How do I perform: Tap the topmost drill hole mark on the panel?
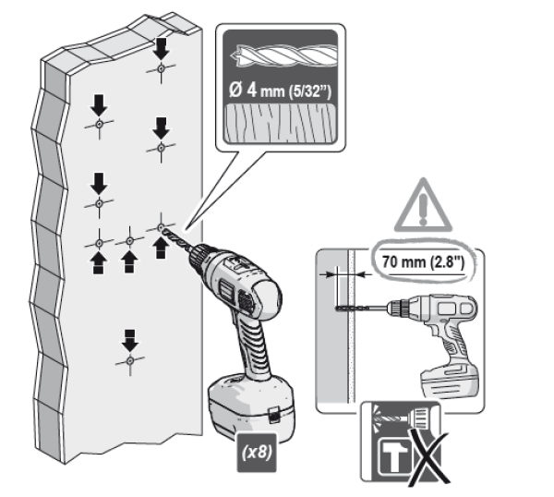pos(161,69)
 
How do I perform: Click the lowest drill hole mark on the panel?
pos(130,358)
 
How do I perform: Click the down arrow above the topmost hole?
pos(161,46)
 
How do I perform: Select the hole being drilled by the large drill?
pos(161,226)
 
